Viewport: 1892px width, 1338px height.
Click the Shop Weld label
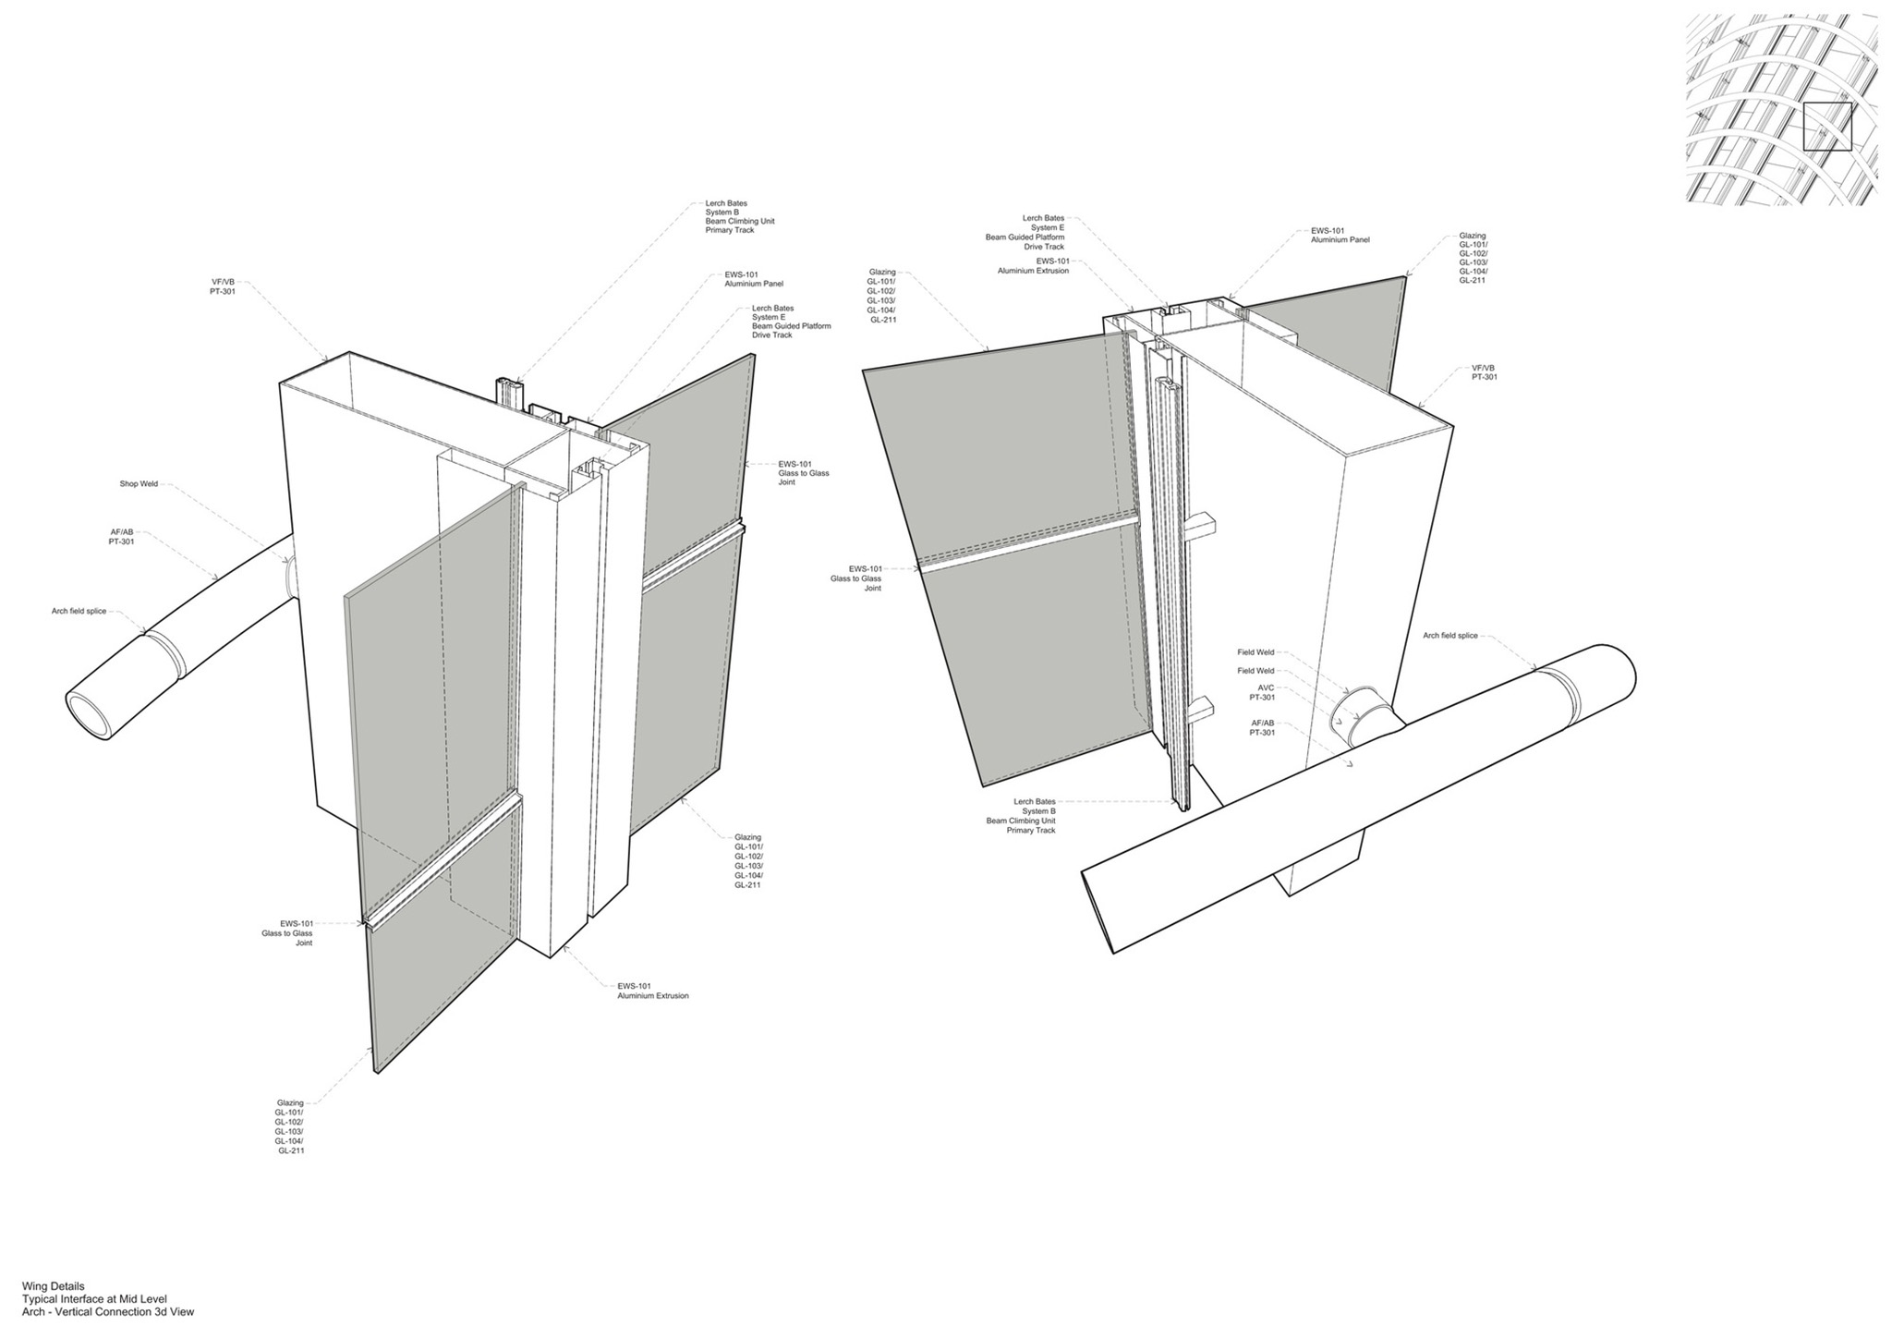click(139, 483)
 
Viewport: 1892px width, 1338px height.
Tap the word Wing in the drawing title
click(35, 1286)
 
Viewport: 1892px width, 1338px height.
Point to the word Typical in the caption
click(41, 1299)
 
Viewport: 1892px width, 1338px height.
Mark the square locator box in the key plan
click(1827, 127)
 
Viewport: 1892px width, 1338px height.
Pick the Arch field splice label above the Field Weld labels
click(1449, 636)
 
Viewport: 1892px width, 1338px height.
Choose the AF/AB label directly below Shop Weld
click(121, 537)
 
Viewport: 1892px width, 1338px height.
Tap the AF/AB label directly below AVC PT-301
click(1262, 728)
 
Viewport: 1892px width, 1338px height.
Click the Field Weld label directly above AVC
click(1255, 671)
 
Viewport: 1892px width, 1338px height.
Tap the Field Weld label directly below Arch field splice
click(1255, 652)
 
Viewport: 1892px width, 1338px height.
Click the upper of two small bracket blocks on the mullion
click(1202, 527)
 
